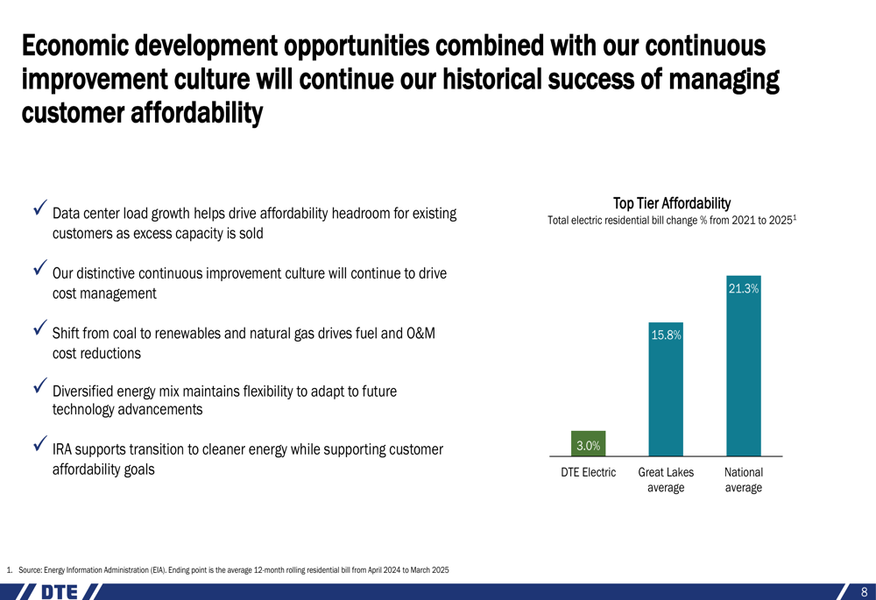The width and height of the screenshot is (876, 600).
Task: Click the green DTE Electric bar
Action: point(588,443)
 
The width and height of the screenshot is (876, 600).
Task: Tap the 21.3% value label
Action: point(743,288)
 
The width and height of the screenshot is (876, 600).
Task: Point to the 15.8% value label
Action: point(666,335)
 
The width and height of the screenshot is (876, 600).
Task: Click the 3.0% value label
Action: point(588,446)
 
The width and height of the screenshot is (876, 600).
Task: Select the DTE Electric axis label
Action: point(588,472)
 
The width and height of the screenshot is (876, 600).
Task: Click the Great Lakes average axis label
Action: point(666,480)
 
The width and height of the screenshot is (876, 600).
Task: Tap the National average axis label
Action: point(743,480)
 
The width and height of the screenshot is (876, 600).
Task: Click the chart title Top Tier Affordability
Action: point(672,203)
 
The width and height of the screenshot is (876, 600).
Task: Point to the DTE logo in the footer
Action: point(62,591)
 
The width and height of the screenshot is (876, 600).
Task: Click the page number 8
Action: point(864,592)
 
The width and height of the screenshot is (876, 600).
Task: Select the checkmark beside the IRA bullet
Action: point(39,445)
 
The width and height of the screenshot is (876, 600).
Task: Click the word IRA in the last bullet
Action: point(62,450)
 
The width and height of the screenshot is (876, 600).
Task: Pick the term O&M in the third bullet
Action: point(421,334)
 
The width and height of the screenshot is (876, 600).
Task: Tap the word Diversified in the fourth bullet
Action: point(83,392)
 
